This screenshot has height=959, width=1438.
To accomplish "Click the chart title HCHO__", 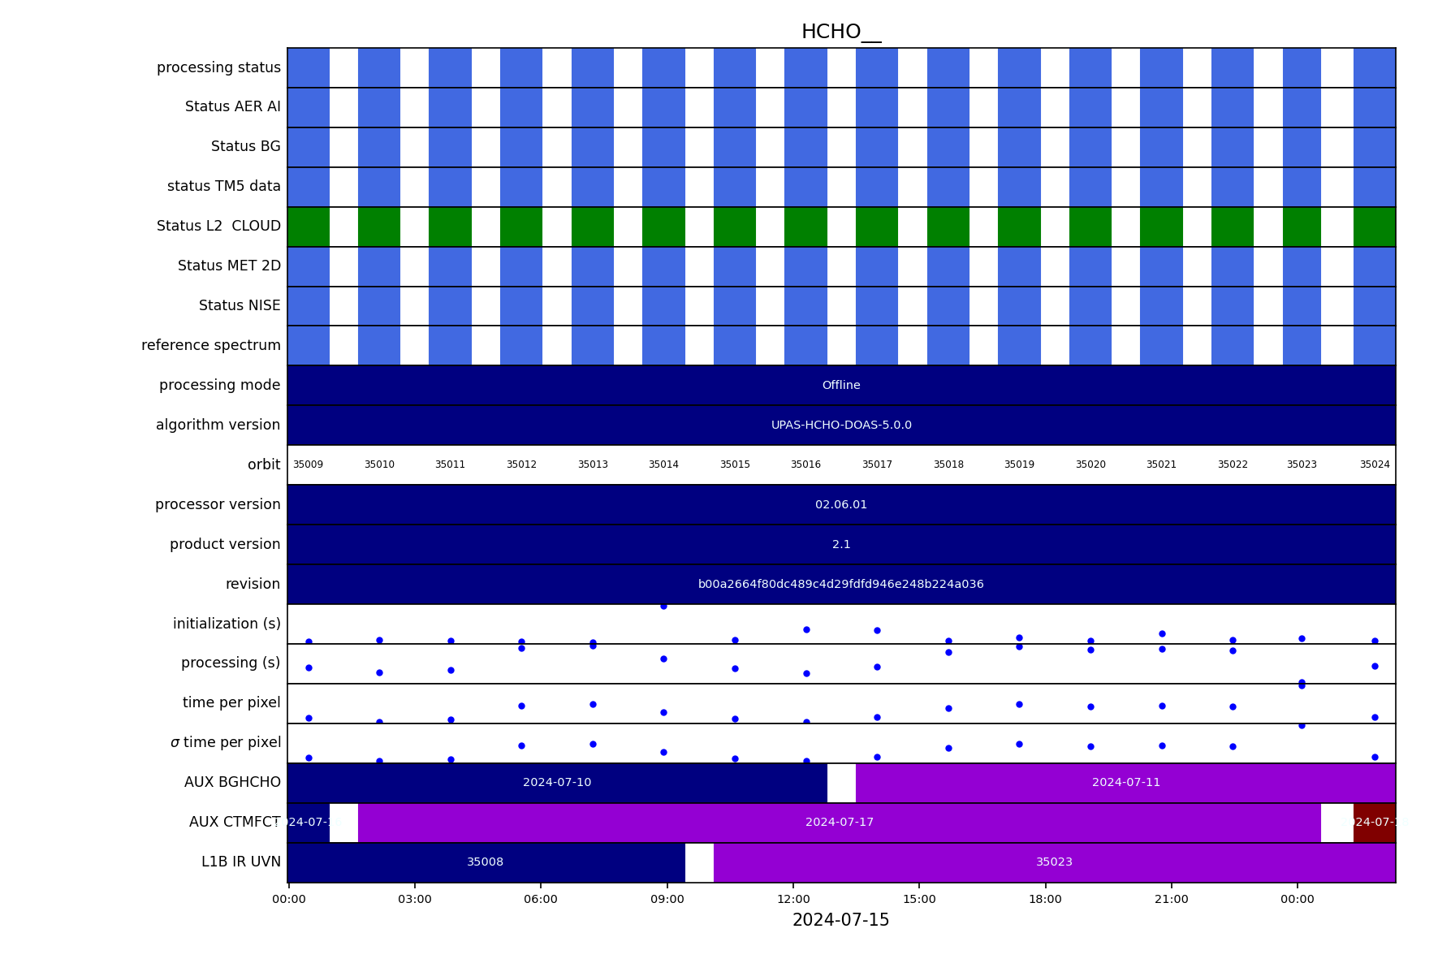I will (x=840, y=32).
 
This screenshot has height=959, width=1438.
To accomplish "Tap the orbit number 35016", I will (x=805, y=465).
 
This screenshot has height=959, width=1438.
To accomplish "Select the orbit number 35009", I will (x=308, y=465).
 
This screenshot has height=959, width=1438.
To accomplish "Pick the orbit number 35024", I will (x=1375, y=465).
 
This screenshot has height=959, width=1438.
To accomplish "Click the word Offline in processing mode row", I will (x=840, y=386).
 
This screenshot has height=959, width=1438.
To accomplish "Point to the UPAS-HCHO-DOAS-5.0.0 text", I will (x=840, y=426).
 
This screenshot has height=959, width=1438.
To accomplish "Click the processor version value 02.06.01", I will (x=840, y=505).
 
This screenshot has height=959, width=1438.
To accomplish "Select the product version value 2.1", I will (x=840, y=545).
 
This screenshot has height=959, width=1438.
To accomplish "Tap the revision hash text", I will (x=840, y=585).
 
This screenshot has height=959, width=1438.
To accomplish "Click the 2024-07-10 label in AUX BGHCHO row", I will (x=557, y=783).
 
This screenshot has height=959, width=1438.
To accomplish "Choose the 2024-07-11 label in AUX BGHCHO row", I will (x=1125, y=783).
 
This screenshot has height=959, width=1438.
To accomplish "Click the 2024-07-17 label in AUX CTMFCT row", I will (x=839, y=823).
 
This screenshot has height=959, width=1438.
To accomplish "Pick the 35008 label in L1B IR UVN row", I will (x=485, y=862).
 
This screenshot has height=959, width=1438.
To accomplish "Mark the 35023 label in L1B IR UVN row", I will (x=1054, y=862).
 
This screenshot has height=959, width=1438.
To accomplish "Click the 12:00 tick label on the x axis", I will (x=793, y=900).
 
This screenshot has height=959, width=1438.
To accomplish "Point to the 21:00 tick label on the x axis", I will (x=1171, y=900).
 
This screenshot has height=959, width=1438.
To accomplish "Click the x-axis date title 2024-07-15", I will (x=840, y=921).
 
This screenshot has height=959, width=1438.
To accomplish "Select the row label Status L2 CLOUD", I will (x=218, y=227).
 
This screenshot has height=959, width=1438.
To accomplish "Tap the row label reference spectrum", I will (x=210, y=346).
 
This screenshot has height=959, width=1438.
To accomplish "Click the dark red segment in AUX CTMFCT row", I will (x=1374, y=823).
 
